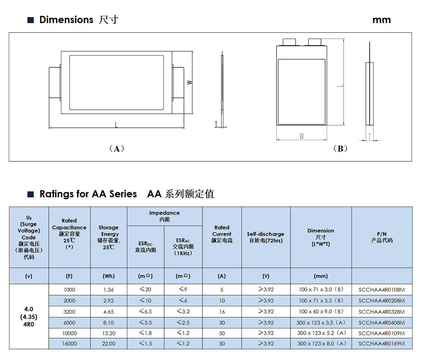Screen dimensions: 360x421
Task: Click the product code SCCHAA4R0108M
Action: [x=381, y=290]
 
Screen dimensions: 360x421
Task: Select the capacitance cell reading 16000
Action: [x=69, y=344]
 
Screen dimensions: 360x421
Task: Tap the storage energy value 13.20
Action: [x=109, y=333]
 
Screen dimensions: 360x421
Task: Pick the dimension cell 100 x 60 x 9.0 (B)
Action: [x=321, y=312]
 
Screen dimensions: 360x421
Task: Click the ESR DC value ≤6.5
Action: [x=145, y=312]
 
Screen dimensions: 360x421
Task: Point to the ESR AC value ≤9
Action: [x=183, y=290]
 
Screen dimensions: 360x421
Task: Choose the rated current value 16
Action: [x=222, y=312]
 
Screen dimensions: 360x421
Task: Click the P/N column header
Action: [x=382, y=237]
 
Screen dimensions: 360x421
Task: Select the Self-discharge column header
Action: [x=266, y=237]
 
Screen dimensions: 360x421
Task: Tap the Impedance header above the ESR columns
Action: [x=164, y=216]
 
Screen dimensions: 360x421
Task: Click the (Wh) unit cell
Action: [x=109, y=276]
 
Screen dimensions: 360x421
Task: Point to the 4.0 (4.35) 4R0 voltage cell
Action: [x=29, y=316]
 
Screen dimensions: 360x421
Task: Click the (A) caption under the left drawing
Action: [x=116, y=149]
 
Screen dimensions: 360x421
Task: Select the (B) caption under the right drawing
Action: [x=340, y=149]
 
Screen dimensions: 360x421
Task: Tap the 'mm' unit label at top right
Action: [x=381, y=20]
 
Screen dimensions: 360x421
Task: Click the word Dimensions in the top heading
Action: [x=66, y=20]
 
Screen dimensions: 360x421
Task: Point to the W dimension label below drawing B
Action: [x=302, y=136]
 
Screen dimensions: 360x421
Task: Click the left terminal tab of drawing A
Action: [x=55, y=83]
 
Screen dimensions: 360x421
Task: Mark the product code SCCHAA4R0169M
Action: [x=381, y=344]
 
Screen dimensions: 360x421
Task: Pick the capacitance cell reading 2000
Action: [x=69, y=301]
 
